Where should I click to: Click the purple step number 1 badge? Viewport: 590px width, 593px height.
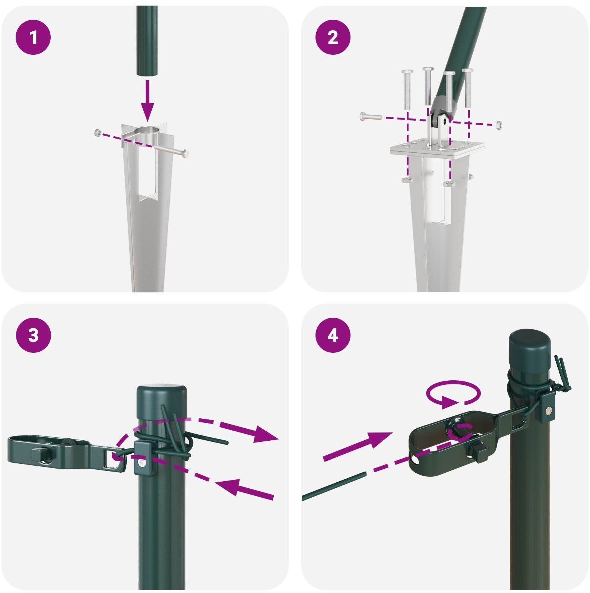point(33,38)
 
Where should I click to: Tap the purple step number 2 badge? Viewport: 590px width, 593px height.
point(333,38)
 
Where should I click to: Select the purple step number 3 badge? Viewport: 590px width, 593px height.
point(33,335)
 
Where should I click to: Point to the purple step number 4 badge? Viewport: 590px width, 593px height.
point(333,335)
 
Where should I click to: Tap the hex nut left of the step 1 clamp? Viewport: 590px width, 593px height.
point(98,131)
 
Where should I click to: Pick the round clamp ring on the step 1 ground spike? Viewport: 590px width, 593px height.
point(148,133)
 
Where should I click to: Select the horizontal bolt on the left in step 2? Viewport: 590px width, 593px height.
point(371,117)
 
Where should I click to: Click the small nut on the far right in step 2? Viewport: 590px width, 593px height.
point(498,124)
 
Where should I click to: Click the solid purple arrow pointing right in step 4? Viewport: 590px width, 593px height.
point(358,447)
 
